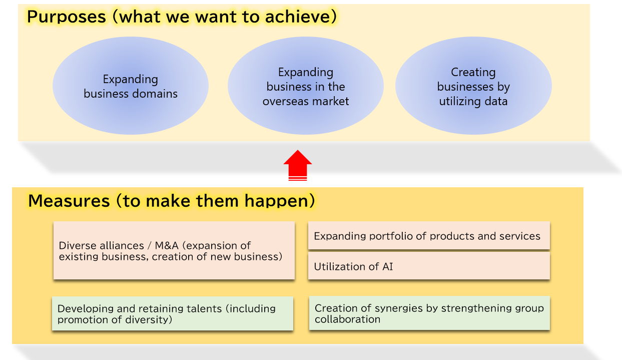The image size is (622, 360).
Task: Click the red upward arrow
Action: (298, 165)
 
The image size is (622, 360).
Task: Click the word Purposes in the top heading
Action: (67, 17)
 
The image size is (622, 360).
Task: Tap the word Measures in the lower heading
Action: (69, 201)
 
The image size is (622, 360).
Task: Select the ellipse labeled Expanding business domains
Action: (131, 86)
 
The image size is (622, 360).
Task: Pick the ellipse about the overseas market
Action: (306, 86)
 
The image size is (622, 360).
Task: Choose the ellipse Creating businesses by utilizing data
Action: (473, 86)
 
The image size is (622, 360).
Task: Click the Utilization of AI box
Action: (429, 266)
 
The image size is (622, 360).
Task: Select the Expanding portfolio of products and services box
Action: (429, 235)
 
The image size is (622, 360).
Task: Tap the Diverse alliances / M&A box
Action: (174, 250)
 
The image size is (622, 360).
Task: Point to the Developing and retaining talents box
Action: (173, 313)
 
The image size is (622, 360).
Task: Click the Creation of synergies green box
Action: (429, 313)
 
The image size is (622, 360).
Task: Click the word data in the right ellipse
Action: (496, 101)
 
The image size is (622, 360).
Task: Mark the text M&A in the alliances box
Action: (167, 245)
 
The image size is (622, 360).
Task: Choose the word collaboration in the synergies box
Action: (347, 319)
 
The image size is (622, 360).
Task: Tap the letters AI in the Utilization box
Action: (388, 267)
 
